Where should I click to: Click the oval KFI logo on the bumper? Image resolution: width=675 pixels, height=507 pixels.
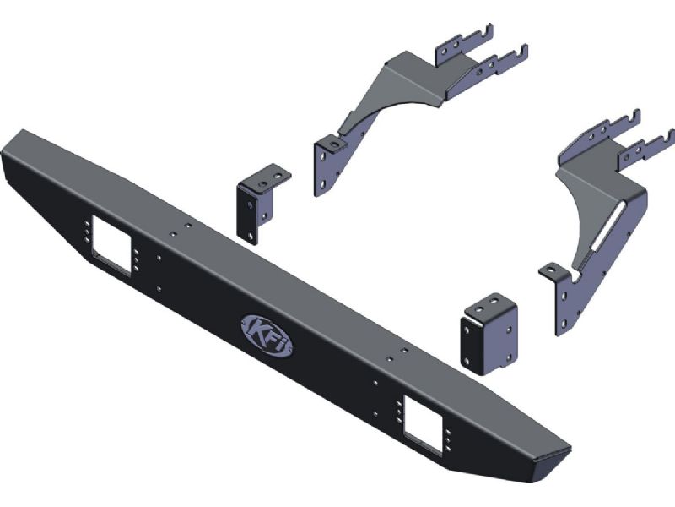pyautogui.click(x=267, y=336)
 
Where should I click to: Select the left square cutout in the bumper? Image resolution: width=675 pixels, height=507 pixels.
pyautogui.click(x=111, y=243)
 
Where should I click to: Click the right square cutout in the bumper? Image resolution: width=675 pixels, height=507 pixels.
pyautogui.click(x=423, y=425)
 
